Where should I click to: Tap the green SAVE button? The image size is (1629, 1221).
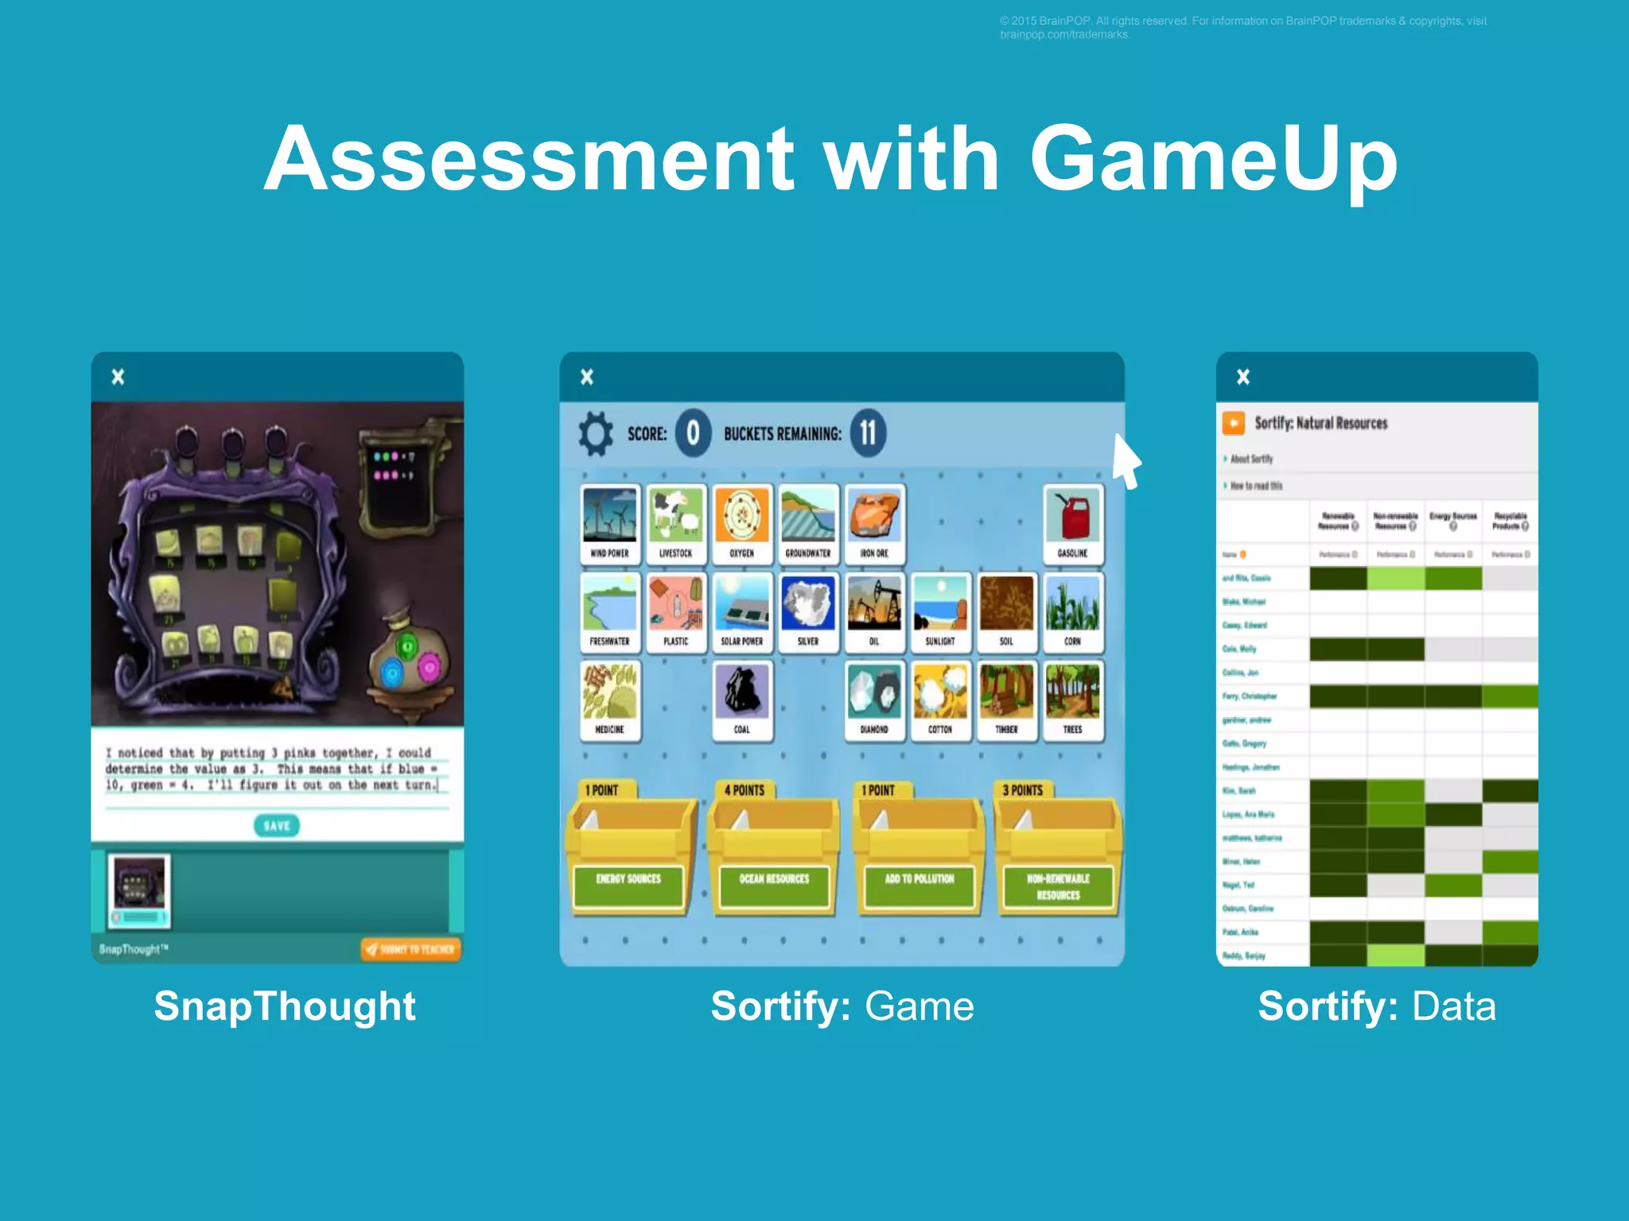pos(276,825)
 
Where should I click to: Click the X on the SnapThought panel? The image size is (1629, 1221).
pos(118,377)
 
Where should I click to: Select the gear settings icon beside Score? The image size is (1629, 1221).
pos(596,433)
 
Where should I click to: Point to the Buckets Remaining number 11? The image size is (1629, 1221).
pos(868,433)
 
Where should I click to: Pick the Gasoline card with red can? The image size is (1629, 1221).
pos(1072,524)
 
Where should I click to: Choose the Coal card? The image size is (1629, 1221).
pos(741,700)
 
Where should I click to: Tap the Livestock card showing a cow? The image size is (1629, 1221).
pos(675,524)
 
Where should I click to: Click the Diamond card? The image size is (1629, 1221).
pos(873,700)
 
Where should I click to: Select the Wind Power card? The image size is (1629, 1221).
pos(609,524)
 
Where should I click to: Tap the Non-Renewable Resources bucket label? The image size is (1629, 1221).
pos(1058,886)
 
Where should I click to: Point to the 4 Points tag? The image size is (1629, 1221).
pos(745,790)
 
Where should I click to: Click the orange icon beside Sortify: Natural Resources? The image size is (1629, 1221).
pos(1234,423)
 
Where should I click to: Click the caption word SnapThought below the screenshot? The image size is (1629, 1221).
pos(285,1006)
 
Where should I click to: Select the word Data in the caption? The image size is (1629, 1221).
pos(1454,1006)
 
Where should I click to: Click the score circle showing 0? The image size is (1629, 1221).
pos(693,433)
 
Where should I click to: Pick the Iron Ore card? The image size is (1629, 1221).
pos(874,524)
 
